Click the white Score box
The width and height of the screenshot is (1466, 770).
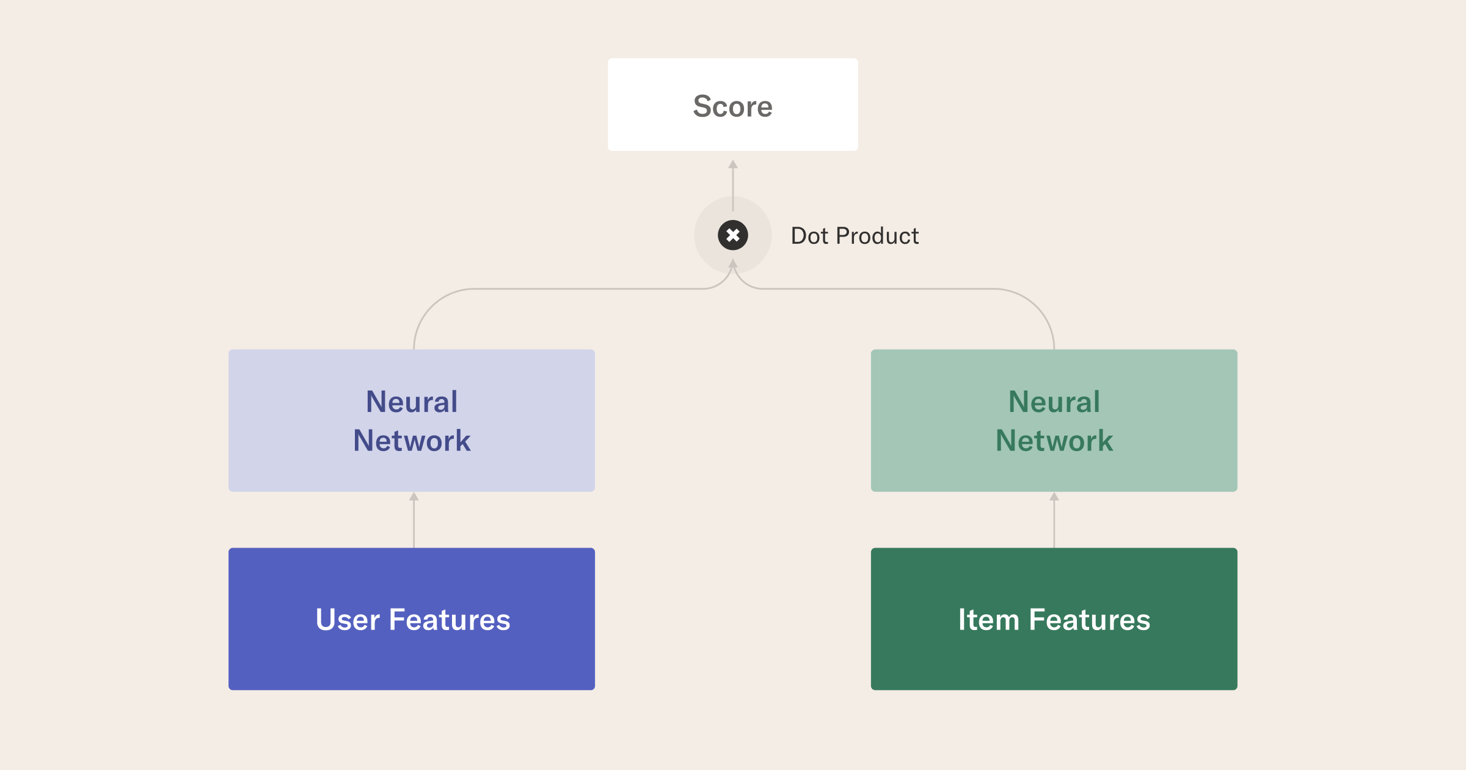click(x=733, y=105)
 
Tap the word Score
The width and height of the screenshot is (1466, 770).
click(x=733, y=106)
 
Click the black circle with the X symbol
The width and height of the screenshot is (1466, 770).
click(x=733, y=235)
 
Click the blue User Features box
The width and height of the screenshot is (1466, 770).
click(x=412, y=619)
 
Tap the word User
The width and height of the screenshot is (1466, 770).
click(x=348, y=620)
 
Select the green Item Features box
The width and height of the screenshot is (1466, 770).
click(x=1054, y=619)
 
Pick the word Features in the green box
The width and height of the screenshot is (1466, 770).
click(x=1090, y=620)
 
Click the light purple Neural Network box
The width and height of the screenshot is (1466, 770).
click(x=412, y=420)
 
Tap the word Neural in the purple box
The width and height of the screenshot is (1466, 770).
click(x=412, y=402)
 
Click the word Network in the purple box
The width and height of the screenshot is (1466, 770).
click(x=412, y=441)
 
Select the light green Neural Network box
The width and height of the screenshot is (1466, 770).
click(x=1054, y=420)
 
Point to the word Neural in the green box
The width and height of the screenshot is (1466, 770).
click(x=1054, y=402)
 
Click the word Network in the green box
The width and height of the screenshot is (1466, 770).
click(x=1054, y=441)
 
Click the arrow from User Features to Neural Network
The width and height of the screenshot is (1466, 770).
click(x=414, y=520)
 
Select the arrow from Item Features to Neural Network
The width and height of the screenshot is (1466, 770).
click(x=1054, y=520)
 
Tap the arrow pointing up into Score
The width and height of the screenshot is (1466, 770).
click(x=733, y=185)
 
